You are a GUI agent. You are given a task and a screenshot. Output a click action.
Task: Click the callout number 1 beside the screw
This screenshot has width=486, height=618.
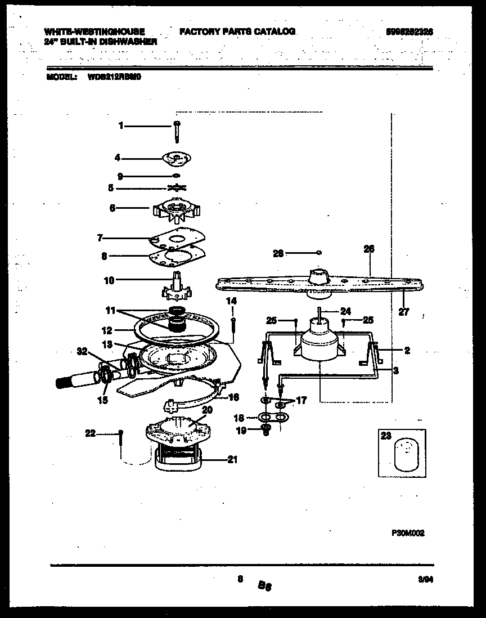tap(120, 126)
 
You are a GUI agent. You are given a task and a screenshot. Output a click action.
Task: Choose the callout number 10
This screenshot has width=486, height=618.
tap(109, 279)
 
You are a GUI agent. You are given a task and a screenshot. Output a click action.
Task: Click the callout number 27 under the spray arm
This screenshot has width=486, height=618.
tap(404, 312)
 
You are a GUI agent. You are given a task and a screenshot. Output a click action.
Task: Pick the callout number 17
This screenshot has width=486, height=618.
tap(301, 401)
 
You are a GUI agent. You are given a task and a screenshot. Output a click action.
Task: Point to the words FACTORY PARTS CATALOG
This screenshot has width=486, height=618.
tap(237, 32)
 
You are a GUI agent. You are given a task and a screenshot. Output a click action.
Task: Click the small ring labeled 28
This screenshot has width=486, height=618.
tap(319, 253)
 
